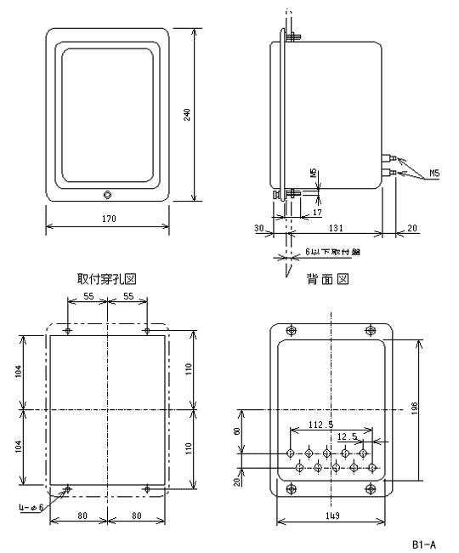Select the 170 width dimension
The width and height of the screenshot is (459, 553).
pyautogui.click(x=107, y=219)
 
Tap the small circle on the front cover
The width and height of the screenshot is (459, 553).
pyautogui.click(x=107, y=195)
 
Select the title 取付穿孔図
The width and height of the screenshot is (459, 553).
pyautogui.click(x=107, y=279)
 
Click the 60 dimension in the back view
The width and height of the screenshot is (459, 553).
pyautogui.click(x=237, y=431)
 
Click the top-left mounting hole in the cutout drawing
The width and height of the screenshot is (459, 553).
pyautogui.click(x=68, y=330)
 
